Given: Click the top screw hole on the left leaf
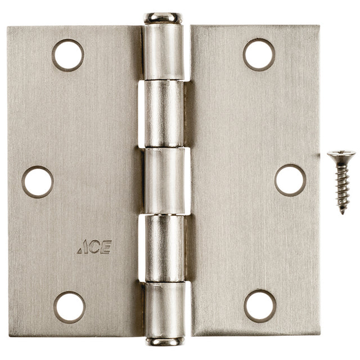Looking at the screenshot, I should pos(68,55).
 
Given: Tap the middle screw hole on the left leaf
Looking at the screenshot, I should pos(38,182).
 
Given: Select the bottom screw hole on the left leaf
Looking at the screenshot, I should pos(70,307).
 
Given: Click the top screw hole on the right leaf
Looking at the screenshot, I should pos(259,55).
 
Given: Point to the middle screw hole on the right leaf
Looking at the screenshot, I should pos(290,180).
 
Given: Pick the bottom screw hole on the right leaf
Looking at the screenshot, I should pos(260,305).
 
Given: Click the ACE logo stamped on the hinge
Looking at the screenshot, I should pos(94,247).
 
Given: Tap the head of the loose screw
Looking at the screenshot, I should pos(341,155).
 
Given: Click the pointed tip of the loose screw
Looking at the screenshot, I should pos(342,212).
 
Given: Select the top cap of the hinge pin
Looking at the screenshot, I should pos(163,18).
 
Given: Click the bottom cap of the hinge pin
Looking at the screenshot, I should pos(164,341).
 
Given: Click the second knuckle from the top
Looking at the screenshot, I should pos(163,114).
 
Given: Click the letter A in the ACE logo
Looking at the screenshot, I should pos(83,247).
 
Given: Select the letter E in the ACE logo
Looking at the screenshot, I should pos(106,247).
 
